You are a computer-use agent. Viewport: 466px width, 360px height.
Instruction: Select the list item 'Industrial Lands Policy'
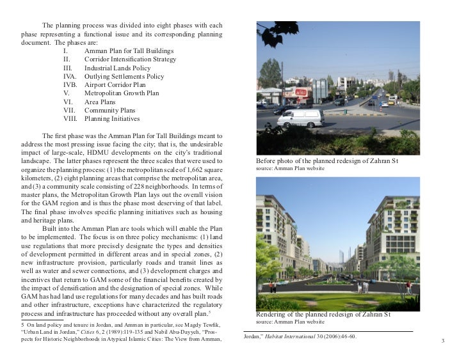pyautogui.click(x=117, y=67)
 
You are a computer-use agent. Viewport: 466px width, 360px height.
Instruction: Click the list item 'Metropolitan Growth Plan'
pyautogui.click(x=122, y=93)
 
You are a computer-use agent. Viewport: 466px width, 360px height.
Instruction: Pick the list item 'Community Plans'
pyautogui.click(x=110, y=110)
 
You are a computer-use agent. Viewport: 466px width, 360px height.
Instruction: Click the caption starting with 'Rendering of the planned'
pyautogui.click(x=323, y=315)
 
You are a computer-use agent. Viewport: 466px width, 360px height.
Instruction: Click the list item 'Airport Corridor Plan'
pyautogui.click(x=115, y=84)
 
